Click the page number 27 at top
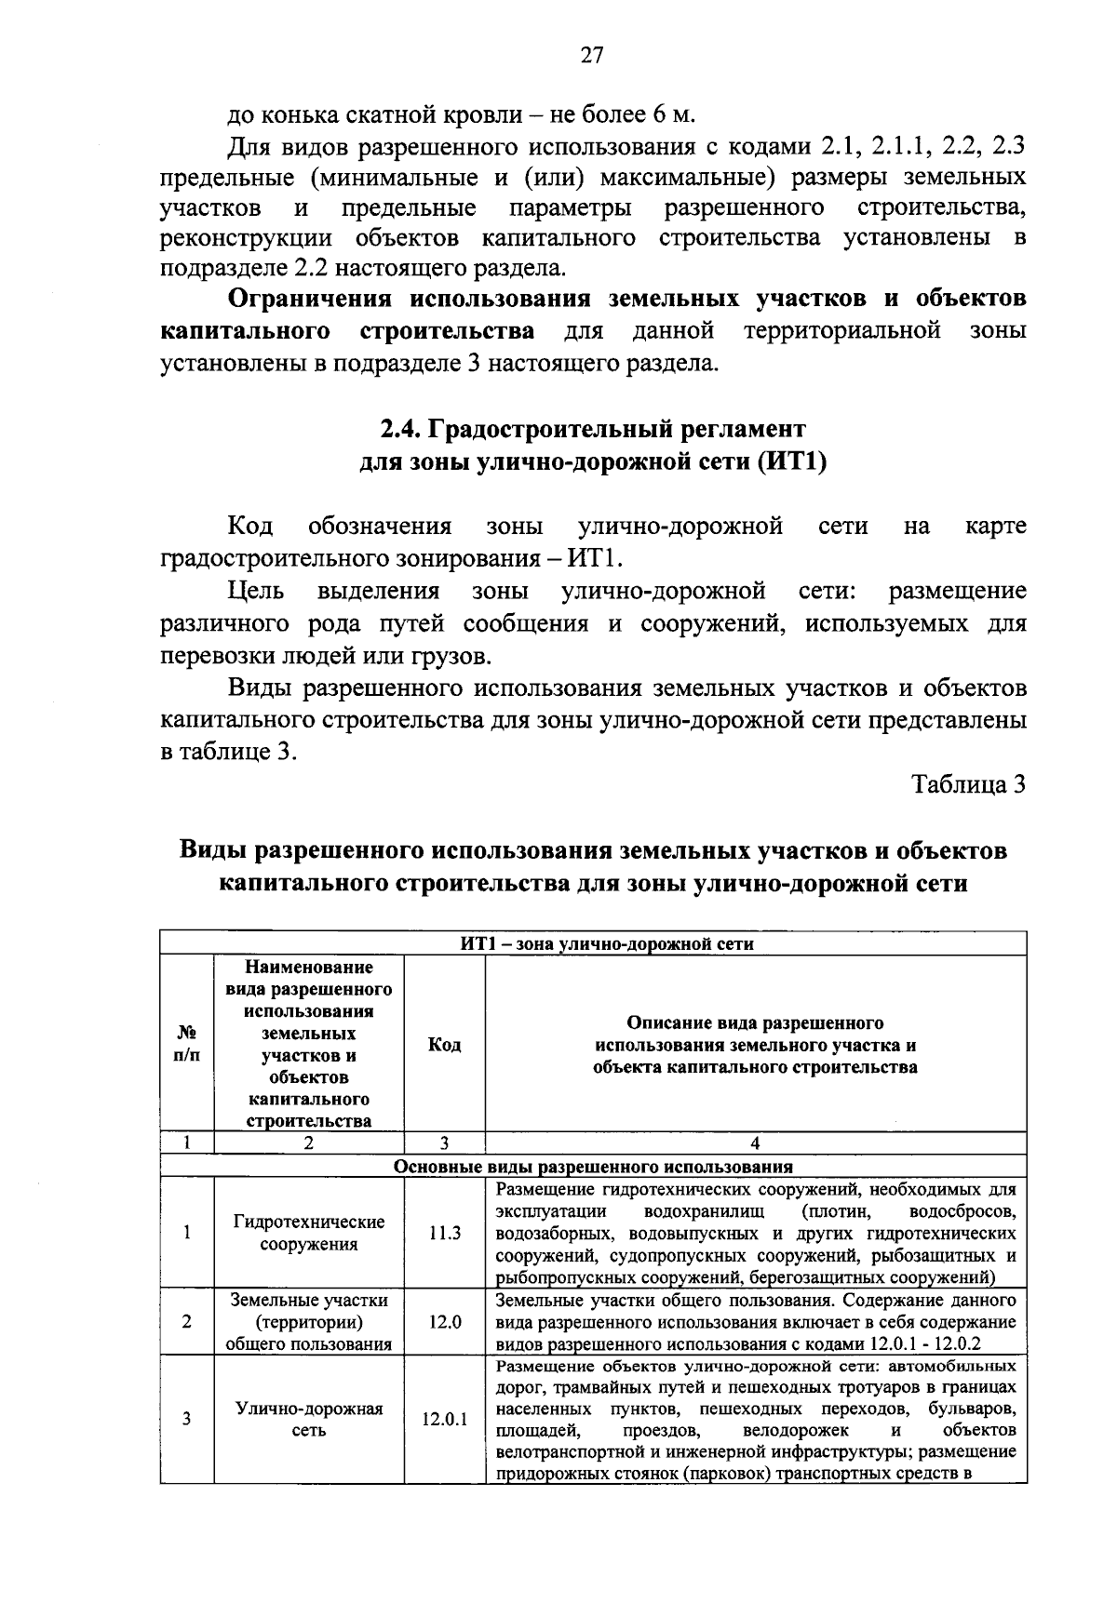pos(592,56)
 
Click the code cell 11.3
pos(444,1233)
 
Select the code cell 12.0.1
pos(444,1420)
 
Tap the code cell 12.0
pos(444,1321)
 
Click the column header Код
pos(444,1045)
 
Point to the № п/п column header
pos(187,1045)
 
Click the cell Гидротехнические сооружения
pos(309,1233)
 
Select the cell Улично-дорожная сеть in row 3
pos(309,1420)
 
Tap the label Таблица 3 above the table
pos(968,784)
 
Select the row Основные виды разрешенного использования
pos(593,1166)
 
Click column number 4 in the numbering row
pos(755,1143)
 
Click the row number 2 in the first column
pos(187,1321)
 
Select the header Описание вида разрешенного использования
pos(755,1045)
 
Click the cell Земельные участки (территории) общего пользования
pos(309,1321)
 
